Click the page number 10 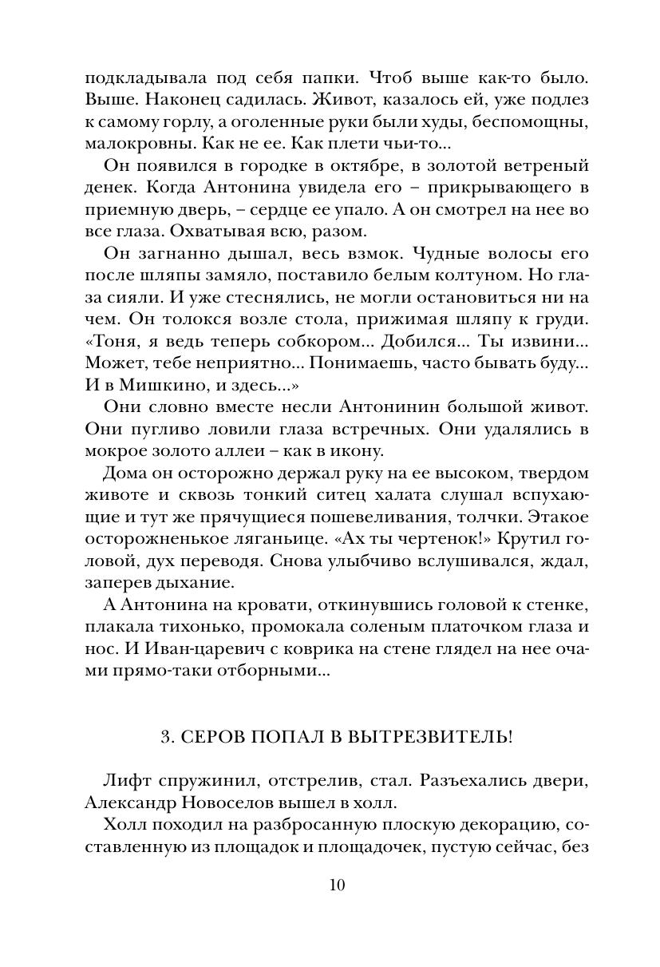point(335,885)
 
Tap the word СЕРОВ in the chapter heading point(215,735)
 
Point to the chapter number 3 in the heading point(165,735)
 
